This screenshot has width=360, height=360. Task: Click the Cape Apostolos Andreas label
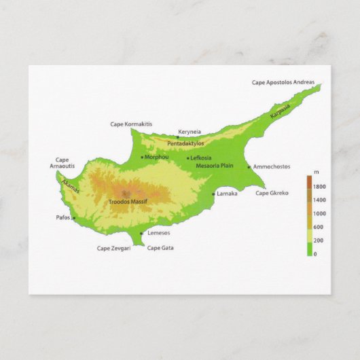coord(283,83)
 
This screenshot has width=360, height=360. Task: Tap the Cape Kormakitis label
coord(131,124)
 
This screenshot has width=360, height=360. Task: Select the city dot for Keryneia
coord(178,137)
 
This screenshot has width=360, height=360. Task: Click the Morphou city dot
coord(142,158)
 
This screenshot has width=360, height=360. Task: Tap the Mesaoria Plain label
coord(214,165)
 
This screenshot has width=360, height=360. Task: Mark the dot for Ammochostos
coord(249,166)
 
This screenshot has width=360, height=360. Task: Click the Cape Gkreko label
coord(272,193)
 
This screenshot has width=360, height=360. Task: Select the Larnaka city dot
coord(213,194)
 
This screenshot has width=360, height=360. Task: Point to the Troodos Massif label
coord(128,202)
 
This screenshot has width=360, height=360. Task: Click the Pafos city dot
coord(73,218)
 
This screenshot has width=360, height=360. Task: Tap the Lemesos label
coord(158,233)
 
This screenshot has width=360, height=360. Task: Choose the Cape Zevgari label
coord(113,248)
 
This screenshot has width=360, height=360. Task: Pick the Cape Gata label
coord(160,248)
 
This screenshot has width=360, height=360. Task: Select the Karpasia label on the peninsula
coord(279,111)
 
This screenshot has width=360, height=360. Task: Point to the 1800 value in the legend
coord(319,187)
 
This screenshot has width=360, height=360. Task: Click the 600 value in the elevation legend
coord(319,227)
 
